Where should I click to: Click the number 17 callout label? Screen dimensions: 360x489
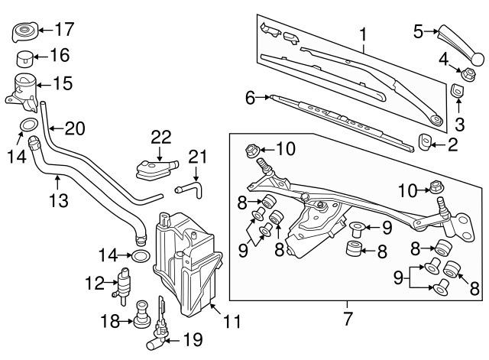[x=63, y=31]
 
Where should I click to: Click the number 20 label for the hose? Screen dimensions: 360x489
[x=74, y=128]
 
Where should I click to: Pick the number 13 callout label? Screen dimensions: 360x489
[x=58, y=202]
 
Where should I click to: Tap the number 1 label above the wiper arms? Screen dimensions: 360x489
[x=363, y=34]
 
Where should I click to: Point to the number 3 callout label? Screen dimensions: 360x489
[x=460, y=124]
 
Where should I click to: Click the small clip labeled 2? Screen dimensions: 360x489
[x=427, y=141]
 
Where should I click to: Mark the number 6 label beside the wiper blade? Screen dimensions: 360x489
[x=249, y=97]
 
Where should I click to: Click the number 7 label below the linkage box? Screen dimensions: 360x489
[x=347, y=316]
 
